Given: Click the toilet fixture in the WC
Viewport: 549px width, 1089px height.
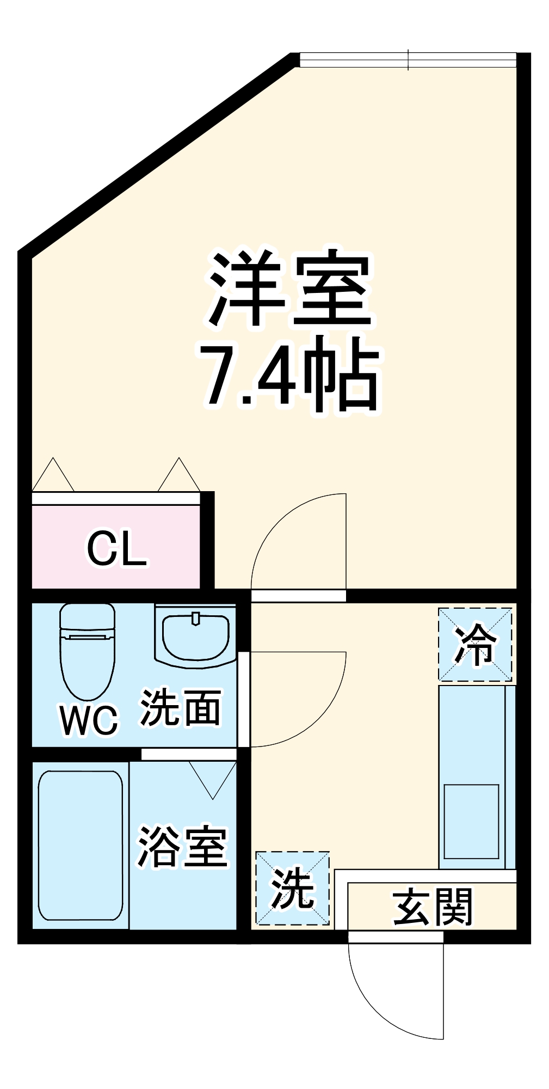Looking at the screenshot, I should click(87, 651).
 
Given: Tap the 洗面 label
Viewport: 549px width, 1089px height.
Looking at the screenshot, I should click(181, 708).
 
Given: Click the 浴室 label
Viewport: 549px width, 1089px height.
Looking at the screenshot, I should click(182, 847).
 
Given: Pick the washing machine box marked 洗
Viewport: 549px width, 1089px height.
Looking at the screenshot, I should click(293, 888).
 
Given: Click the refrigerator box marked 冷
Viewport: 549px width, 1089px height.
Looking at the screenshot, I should click(475, 644).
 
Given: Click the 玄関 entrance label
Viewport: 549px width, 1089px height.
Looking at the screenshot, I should click(433, 907).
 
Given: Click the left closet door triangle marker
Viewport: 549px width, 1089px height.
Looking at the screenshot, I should click(53, 477).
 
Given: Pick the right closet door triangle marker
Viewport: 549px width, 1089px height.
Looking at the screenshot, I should click(179, 477).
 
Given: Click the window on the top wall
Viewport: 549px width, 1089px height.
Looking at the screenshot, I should click(408, 60).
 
